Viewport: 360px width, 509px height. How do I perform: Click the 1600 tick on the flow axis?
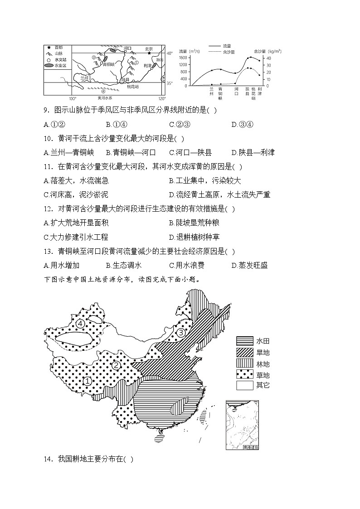[183, 58]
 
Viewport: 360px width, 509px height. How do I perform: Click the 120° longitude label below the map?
[162, 98]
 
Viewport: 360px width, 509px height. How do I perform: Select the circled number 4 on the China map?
[80, 323]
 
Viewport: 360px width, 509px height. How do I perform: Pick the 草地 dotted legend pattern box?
[244, 374]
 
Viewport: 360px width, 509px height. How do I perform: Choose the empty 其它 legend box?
[244, 385]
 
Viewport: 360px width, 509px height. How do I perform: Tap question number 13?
[48, 251]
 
